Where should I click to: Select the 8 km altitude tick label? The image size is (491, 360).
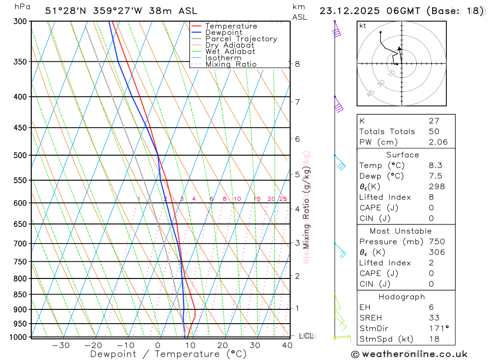pos(297,64)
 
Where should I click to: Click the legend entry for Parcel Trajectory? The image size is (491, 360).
pos(241,39)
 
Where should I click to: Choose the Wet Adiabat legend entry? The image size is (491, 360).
pos(230,52)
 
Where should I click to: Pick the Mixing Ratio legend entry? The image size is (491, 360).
pos(231,64)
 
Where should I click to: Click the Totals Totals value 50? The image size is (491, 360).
pos(434,132)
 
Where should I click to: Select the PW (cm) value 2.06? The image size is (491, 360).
pos(438,142)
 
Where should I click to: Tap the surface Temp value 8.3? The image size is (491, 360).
pos(435,166)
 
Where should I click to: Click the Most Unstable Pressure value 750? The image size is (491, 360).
pos(436,242)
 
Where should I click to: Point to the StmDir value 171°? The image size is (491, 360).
pos(438,329)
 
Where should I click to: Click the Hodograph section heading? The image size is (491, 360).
pos(402,297)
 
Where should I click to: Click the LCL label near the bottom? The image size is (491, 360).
pos(306,336)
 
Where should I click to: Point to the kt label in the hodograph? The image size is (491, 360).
pos(363,26)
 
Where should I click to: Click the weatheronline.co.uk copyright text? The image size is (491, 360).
pos(409,354)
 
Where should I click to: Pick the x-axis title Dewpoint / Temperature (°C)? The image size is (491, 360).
pos(168,354)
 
